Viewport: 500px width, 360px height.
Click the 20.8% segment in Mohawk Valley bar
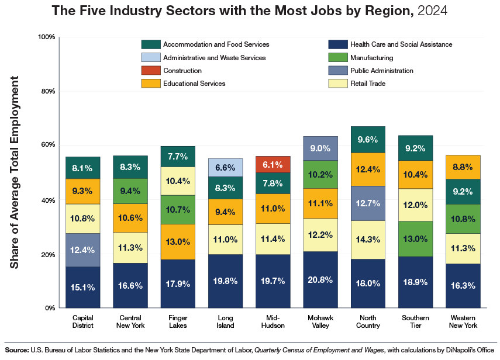[320, 280]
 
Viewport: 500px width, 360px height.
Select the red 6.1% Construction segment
[273, 164]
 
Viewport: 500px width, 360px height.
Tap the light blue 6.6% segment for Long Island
[225, 167]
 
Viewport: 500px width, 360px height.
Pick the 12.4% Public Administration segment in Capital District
[82, 250]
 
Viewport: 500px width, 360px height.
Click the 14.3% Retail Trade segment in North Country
[368, 240]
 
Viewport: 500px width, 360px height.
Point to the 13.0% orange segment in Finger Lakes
[178, 242]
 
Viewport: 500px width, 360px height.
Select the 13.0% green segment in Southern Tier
[416, 238]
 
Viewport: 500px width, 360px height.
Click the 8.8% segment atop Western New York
[463, 167]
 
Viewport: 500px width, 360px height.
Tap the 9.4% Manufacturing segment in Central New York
[130, 191]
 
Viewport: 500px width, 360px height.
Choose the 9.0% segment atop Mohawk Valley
[320, 148]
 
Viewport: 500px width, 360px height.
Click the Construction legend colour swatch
[150, 71]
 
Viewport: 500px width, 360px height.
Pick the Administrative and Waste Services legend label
[214, 58]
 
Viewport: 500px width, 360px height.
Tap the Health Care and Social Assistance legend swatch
[337, 44]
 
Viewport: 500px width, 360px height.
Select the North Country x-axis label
[368, 321]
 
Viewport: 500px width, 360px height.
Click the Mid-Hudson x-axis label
[273, 321]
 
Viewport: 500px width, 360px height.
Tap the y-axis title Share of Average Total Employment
[15, 172]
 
